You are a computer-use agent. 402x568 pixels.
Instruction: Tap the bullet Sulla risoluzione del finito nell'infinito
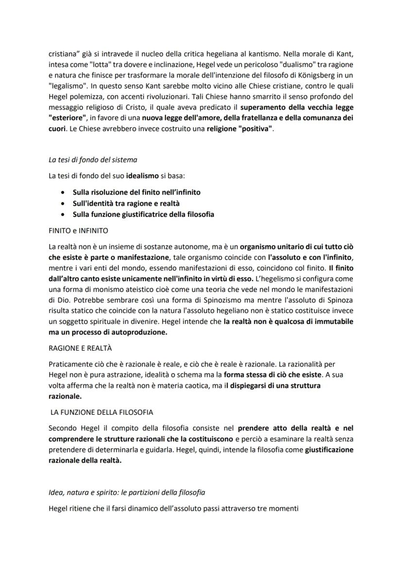click(x=136, y=192)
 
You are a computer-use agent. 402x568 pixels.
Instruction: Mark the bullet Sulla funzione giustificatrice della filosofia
click(x=143, y=214)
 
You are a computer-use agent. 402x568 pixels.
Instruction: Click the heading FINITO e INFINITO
click(x=78, y=230)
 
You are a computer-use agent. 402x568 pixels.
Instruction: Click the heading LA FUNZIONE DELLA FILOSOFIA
click(x=102, y=412)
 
